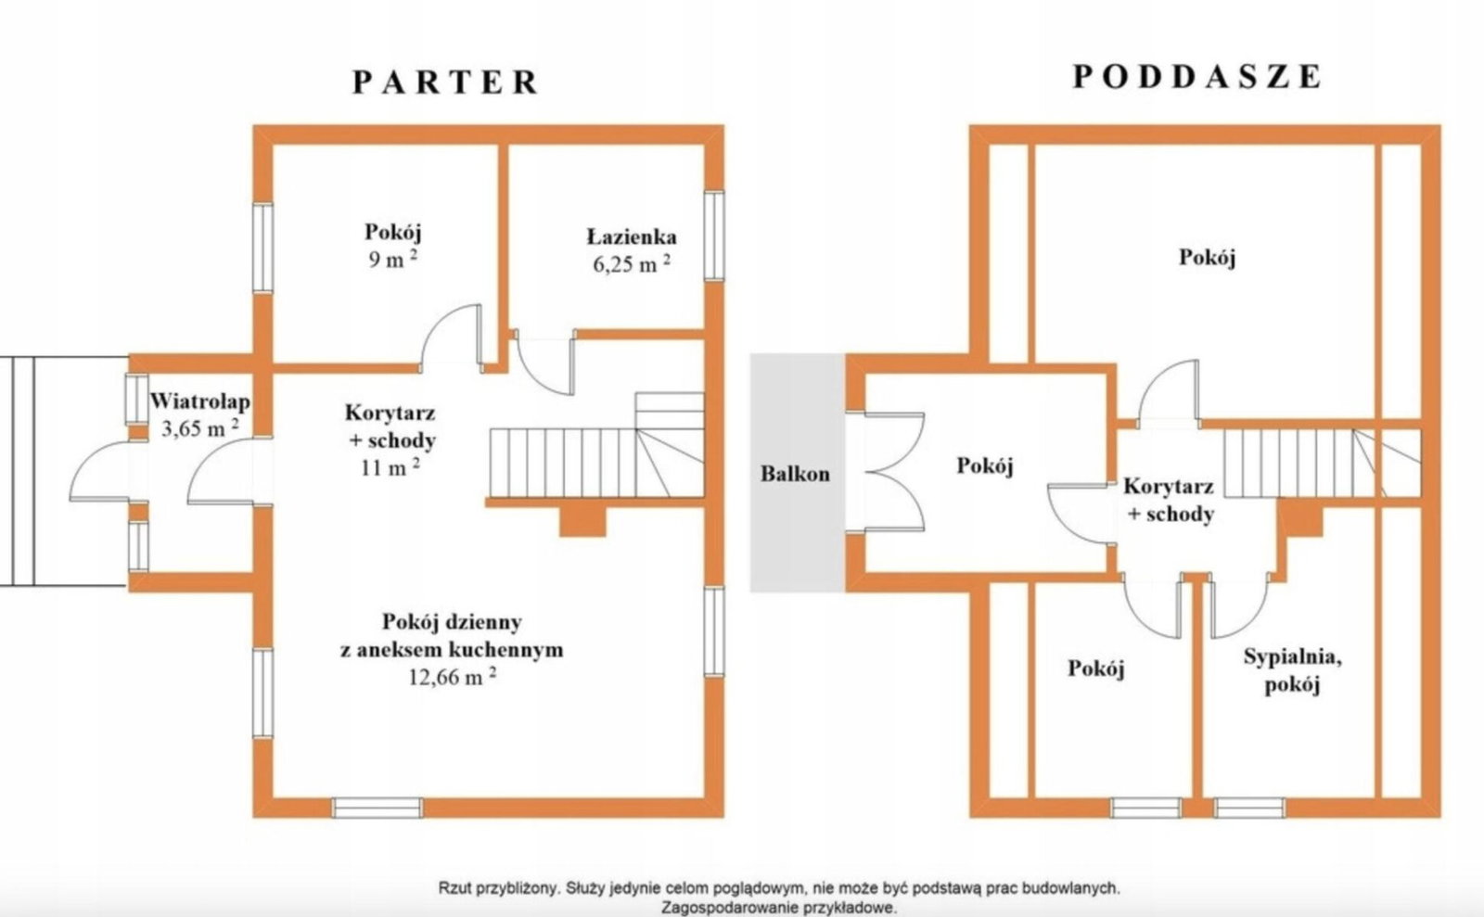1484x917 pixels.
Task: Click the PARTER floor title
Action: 445,83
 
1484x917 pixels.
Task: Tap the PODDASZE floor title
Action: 1197,77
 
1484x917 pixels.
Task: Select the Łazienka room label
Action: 632,236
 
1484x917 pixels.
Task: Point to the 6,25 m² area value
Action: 632,263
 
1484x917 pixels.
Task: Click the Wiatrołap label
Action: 200,401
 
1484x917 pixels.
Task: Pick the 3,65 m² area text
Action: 200,428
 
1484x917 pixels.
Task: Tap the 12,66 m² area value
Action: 453,677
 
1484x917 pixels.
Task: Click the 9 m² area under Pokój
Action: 393,259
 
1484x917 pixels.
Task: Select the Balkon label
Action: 795,474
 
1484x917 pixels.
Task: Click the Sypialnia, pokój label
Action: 1293,670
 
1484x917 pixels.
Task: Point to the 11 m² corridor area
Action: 390,466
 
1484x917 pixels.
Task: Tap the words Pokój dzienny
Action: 452,622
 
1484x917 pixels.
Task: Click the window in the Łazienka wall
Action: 713,236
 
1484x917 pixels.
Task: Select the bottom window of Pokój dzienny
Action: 377,807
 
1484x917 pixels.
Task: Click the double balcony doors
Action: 887,472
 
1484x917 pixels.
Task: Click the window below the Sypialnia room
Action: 1249,807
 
